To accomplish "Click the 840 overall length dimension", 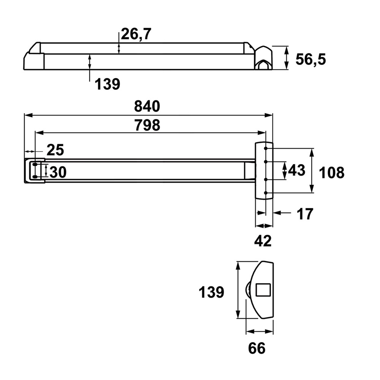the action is click(147, 106).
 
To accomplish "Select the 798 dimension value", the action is click(147, 125).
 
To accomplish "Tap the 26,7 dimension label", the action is click(136, 34).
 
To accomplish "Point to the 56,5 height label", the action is click(311, 59).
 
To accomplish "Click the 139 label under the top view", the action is click(108, 84).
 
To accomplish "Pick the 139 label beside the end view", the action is click(211, 292).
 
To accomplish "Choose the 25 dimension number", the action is click(55, 150).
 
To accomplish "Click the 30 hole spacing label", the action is click(58, 172).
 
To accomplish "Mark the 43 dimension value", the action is click(297, 170).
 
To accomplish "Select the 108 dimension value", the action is click(331, 173).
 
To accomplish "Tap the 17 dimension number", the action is click(305, 214).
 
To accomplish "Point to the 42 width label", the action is click(263, 241).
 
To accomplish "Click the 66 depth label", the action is click(256, 348).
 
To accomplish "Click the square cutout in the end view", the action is click(263, 290).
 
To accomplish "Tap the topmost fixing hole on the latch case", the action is click(266, 148).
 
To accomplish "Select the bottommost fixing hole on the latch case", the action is click(266, 193).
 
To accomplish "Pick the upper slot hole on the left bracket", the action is click(35, 165).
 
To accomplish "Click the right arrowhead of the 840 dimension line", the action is click(269, 116).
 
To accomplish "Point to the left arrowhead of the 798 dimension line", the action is click(40, 133).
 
